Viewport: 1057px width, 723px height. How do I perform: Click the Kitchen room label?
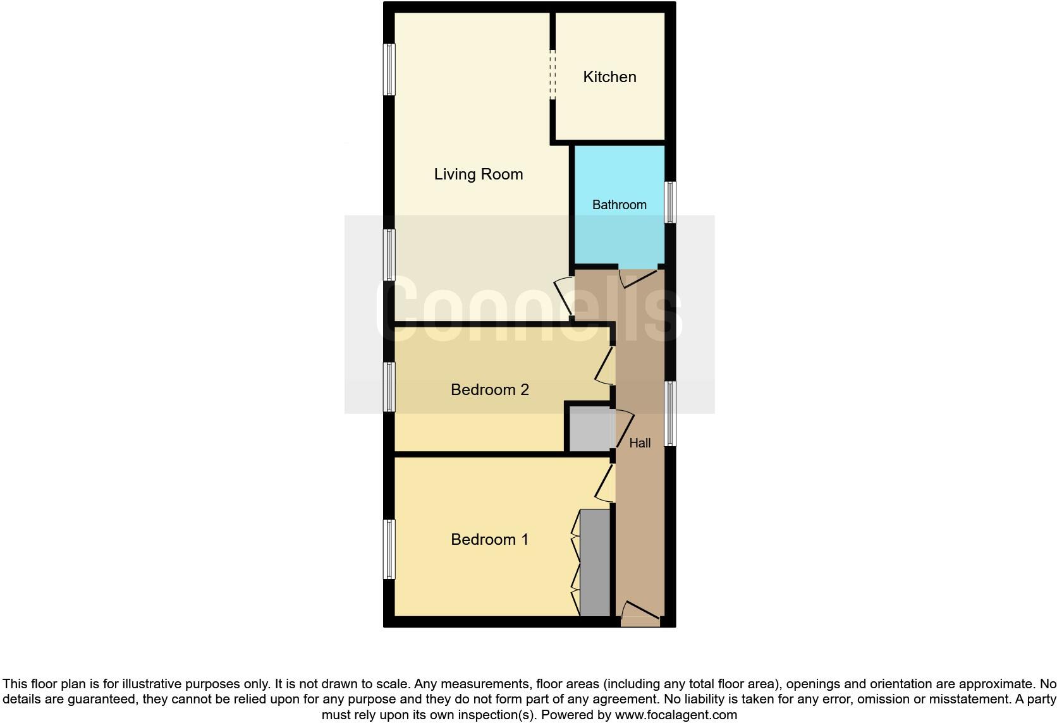click(x=609, y=77)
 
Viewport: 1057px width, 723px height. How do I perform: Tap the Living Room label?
click(x=479, y=174)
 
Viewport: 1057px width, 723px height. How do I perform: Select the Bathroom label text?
click(x=619, y=205)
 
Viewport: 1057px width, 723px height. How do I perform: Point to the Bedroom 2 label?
click(x=489, y=390)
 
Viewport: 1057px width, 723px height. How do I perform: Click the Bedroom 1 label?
click(x=489, y=540)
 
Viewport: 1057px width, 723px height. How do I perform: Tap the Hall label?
click(x=640, y=443)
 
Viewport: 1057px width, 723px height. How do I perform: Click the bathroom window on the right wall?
click(x=670, y=202)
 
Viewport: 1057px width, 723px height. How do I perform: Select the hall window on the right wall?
click(x=670, y=413)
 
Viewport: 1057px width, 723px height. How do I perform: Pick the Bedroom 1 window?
click(x=389, y=549)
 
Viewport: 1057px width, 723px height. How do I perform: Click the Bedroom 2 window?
click(x=389, y=387)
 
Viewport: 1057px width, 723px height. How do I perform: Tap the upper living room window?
click(x=389, y=70)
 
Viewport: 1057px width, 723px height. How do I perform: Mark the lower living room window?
click(x=389, y=255)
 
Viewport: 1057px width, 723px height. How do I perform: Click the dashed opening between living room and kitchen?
click(x=553, y=75)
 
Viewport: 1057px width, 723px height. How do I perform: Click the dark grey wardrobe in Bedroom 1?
click(x=594, y=562)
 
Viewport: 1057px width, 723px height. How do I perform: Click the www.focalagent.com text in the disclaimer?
click(x=675, y=715)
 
